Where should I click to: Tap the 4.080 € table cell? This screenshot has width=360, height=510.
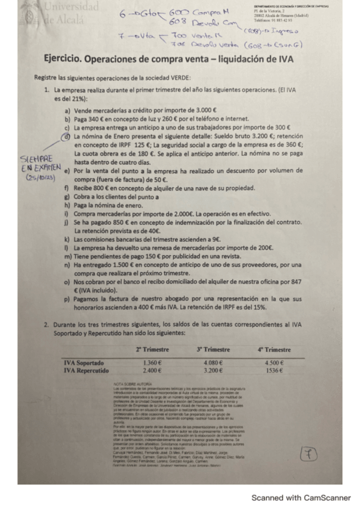click(x=214, y=363)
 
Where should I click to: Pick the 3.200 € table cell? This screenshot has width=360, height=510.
click(x=214, y=370)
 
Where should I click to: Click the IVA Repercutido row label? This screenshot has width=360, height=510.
click(x=87, y=370)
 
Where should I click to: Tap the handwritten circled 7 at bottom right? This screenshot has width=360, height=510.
click(x=322, y=453)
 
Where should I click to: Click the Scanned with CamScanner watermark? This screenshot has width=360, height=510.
click(x=301, y=497)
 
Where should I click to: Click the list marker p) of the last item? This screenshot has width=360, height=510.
click(x=67, y=299)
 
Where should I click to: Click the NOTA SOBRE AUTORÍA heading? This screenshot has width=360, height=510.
click(x=133, y=384)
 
